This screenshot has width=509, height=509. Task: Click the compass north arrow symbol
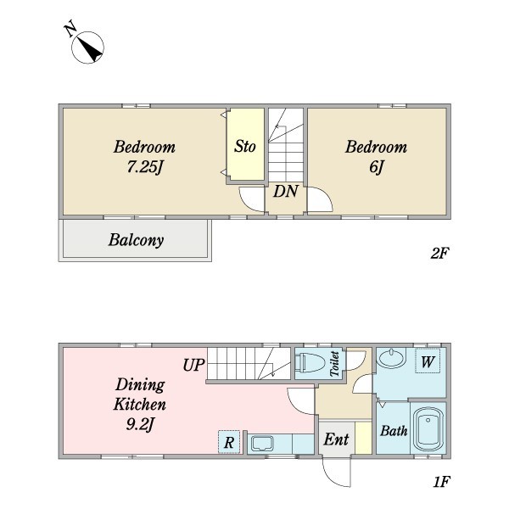[87, 48]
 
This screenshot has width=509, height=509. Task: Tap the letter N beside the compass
[70, 29]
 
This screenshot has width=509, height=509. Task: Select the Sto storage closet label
[245, 146]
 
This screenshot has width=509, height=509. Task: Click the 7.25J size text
[144, 167]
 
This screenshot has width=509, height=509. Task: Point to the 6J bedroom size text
[377, 167]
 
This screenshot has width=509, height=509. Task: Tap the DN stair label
[286, 191]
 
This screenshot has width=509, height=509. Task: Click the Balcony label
[136, 240]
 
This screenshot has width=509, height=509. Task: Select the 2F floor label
[440, 253]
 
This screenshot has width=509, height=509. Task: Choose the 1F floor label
[441, 481]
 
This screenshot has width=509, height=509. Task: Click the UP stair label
[193, 365]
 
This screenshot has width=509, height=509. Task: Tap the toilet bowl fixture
[310, 362]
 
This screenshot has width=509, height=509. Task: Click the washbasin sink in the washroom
[392, 358]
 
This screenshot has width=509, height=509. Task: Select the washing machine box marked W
[428, 361]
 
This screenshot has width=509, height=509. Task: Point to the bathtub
[428, 428]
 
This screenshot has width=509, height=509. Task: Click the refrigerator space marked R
[229, 442]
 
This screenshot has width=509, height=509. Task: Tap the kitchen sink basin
[263, 444]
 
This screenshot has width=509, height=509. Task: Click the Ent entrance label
[336, 439]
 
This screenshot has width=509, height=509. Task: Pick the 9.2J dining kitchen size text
[140, 424]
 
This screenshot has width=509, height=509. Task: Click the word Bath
[394, 431]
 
